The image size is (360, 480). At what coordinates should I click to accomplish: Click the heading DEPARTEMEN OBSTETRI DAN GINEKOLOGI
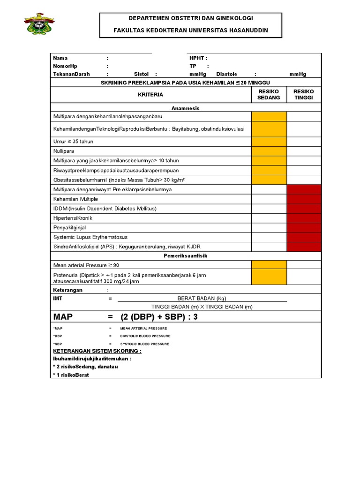tap(191, 18)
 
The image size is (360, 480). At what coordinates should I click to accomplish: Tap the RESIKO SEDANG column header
tap(269, 94)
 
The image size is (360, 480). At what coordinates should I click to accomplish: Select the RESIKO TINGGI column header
tap(304, 94)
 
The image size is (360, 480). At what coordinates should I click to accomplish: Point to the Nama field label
tap(60, 58)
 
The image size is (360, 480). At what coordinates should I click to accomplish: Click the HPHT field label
tap(198, 58)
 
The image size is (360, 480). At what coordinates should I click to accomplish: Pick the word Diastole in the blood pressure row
tap(226, 74)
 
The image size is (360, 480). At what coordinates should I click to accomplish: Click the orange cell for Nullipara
tap(269, 151)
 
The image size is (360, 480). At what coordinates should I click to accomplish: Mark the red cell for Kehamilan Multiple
tap(304, 199)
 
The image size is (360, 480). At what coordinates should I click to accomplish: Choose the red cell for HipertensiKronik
tap(304, 218)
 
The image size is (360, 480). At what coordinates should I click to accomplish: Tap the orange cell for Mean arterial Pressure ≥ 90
tap(269, 265)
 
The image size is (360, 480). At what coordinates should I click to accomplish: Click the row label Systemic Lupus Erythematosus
tap(90, 237)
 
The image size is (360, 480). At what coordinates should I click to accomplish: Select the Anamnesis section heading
tap(186, 108)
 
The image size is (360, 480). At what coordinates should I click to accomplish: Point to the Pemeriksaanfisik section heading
tap(186, 256)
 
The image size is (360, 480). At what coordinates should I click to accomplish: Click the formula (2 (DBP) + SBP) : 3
tap(159, 317)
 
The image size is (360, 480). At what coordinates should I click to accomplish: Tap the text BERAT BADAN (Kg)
tap(202, 298)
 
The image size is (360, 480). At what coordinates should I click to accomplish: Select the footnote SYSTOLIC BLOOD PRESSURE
tap(145, 344)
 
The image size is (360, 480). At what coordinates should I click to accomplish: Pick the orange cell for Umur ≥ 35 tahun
tap(269, 141)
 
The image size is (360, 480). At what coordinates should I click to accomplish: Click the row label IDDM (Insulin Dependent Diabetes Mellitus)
tap(105, 208)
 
